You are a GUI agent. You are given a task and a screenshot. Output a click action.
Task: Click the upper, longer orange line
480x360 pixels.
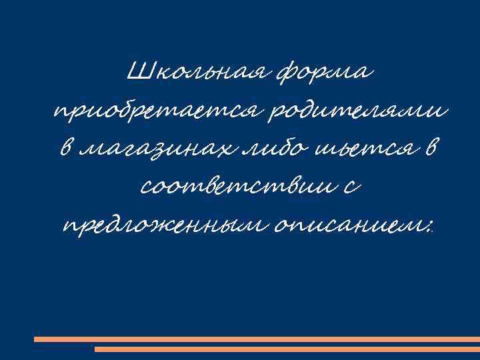click(x=256, y=339)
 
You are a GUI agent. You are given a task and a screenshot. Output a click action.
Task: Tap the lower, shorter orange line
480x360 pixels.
click(x=287, y=349)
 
